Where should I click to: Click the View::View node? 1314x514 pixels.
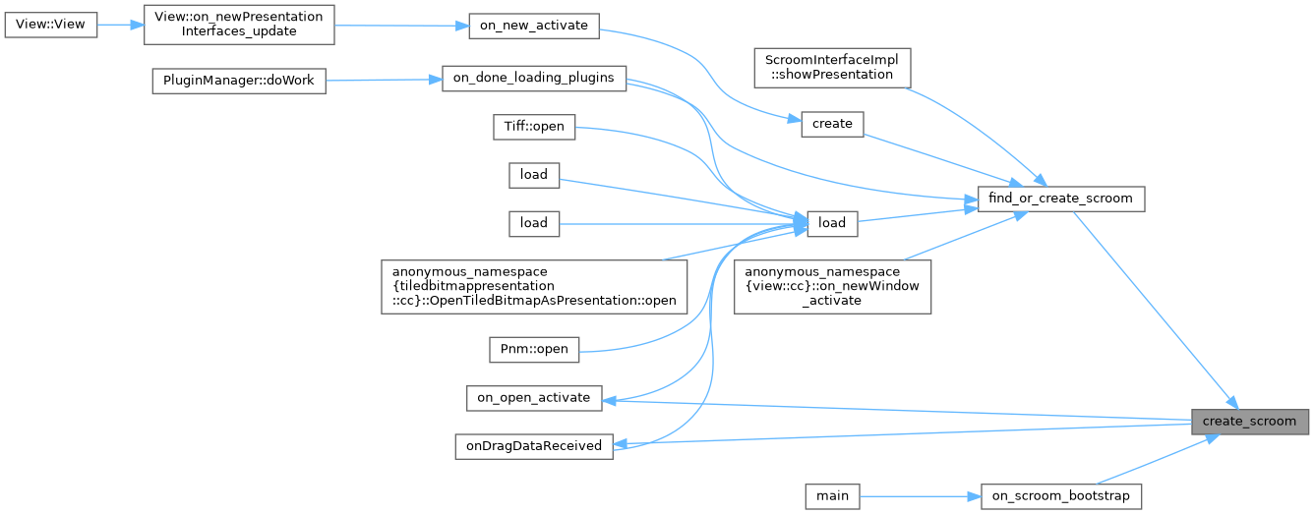[x=51, y=26]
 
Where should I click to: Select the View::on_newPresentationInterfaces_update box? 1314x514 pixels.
[x=239, y=26]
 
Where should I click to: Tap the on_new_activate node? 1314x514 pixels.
[x=532, y=26]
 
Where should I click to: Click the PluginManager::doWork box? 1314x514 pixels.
[x=238, y=81]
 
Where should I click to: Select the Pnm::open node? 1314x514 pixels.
[x=534, y=348]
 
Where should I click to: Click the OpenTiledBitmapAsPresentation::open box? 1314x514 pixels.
[x=535, y=286]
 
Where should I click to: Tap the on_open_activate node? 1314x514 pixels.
[x=533, y=398]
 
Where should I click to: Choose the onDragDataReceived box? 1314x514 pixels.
[x=533, y=445]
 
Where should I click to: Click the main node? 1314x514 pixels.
[x=831, y=496]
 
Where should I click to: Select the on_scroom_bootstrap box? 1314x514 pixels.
[x=1061, y=496]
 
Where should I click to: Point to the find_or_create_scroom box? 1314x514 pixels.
[x=1061, y=199]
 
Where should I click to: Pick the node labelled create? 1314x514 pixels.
[x=831, y=124]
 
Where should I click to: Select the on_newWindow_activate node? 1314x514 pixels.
[x=832, y=286]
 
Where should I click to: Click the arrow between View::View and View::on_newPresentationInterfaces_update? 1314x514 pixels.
[x=121, y=26]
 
